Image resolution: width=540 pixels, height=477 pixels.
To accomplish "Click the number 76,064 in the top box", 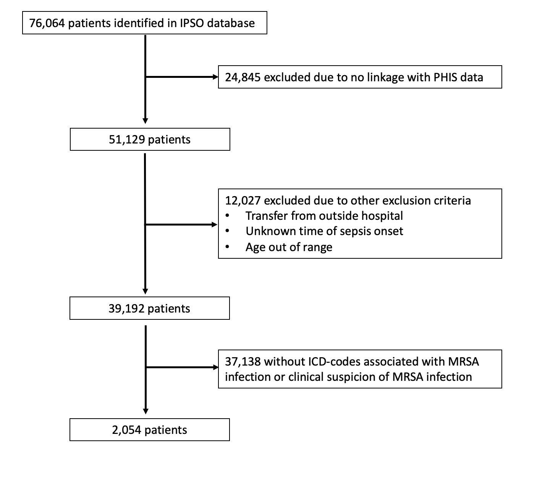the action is pos(47,23).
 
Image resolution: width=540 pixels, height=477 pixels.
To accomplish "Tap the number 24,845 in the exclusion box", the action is pos(243,77).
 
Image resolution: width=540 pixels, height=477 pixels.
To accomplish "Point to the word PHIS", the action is pos(445,77).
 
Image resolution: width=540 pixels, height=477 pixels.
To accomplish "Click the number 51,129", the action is pos(127,140).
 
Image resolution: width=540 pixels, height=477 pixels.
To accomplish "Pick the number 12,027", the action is pos(243,201).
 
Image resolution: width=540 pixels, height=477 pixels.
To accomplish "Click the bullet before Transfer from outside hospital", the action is pos(227,216).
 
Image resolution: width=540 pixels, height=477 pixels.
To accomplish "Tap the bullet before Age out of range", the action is pos(227,247).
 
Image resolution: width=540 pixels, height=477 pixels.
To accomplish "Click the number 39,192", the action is pos(126,309).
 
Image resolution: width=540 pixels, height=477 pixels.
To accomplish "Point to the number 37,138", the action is pos(243,362).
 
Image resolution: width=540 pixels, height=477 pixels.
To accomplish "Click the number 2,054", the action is pos(126,430).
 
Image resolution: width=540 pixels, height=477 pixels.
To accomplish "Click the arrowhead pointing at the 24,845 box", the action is pos(215,77).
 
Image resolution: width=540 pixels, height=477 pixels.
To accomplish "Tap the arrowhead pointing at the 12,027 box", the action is pos(215,224).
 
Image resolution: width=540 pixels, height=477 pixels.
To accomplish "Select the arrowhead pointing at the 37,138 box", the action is pos(216,367).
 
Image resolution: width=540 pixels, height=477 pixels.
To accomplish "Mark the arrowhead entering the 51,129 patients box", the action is pos(145,121).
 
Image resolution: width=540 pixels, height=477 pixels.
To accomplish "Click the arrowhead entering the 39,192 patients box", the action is pos(145,291).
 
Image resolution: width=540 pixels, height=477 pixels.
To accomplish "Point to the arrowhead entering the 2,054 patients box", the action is pos(146,411).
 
